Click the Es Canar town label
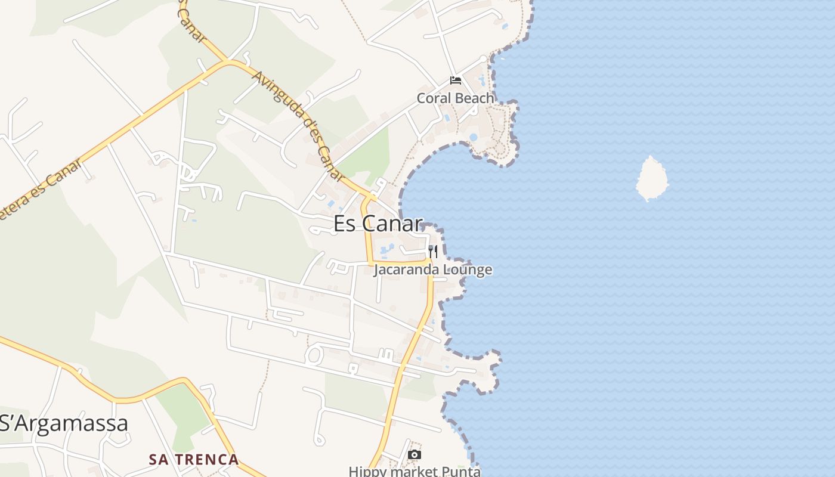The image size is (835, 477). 378,224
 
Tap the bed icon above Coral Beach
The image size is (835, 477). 456,80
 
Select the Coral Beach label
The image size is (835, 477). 455,98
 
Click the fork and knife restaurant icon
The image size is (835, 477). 433,252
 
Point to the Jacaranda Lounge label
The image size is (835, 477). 433,270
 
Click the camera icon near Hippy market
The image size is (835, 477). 414,455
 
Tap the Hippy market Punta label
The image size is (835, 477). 415,471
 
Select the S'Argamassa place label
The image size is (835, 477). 64,423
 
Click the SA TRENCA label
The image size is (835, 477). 194,460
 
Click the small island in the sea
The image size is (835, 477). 651,178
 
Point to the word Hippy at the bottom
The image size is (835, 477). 364,471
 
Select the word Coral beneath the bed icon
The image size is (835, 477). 433,98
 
